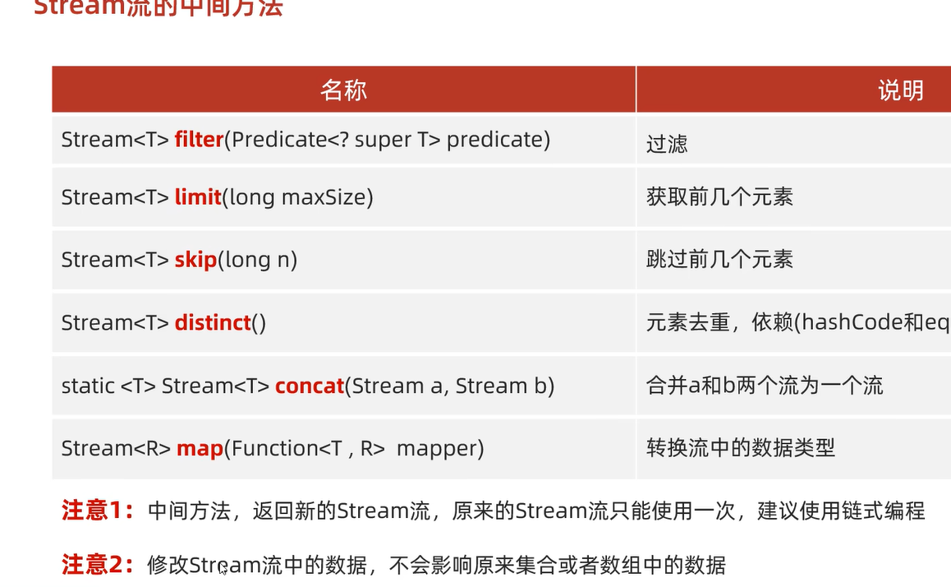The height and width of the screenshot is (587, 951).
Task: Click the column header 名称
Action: point(343,90)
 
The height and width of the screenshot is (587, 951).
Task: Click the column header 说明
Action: point(901,90)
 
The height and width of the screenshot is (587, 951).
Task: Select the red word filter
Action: point(199,140)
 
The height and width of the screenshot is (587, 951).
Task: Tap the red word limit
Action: point(198,197)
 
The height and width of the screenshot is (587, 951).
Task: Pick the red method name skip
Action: point(195,260)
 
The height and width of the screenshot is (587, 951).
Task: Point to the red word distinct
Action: point(213,322)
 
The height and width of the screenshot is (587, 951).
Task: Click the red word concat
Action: point(310,386)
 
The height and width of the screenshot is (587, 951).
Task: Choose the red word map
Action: point(200,448)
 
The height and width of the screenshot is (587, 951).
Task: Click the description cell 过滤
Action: point(667,144)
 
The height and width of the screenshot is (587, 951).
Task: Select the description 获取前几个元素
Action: point(719,197)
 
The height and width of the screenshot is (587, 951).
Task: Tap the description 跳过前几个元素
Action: point(719,260)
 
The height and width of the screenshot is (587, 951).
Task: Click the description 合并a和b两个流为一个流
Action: point(765,386)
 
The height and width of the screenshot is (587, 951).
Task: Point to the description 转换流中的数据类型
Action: point(741,448)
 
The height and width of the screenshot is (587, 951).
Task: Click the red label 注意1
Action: point(97,511)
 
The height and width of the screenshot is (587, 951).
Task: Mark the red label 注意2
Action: point(97,565)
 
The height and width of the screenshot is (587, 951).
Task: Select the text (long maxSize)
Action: point(298,197)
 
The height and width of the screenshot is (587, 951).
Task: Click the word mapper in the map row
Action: point(440,448)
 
